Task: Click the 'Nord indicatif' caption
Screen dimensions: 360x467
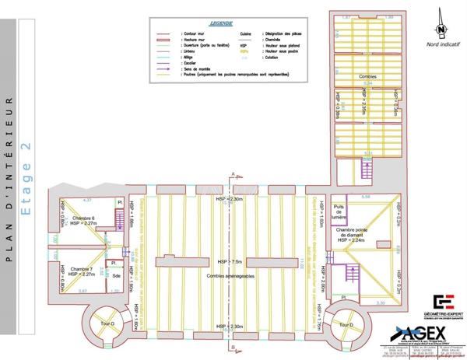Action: pos(441,45)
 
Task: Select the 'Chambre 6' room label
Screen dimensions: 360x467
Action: pos(83,218)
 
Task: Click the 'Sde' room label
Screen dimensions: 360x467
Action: pos(115,275)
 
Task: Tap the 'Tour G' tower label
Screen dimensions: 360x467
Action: pos(107,323)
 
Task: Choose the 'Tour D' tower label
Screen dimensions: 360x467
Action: pos(346,323)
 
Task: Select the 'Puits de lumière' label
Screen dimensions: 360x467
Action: pos(339,211)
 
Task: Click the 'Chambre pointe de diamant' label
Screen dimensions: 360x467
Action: pos(363,234)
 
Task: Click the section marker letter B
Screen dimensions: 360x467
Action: pos(233,345)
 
